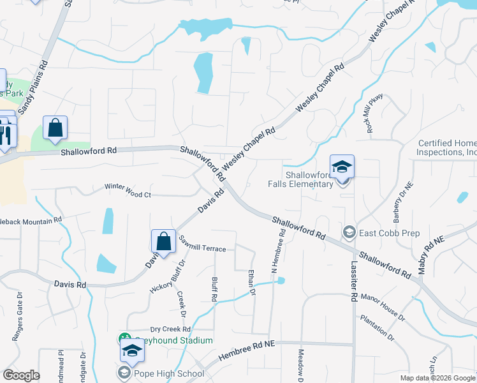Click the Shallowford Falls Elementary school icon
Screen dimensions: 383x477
(x=342, y=167)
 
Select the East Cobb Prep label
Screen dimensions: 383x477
(x=389, y=233)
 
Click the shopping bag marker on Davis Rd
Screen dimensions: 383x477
(x=163, y=242)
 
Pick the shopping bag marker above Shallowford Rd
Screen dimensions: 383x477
(x=55, y=128)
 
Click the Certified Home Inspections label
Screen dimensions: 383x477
(x=447, y=147)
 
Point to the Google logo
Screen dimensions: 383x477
(x=21, y=375)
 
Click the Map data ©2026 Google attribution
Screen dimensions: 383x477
(x=437, y=378)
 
